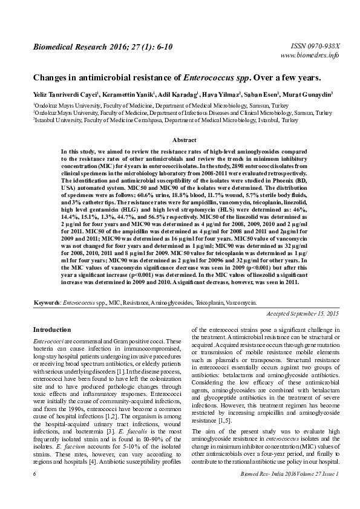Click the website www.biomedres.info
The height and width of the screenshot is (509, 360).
coord(311,56)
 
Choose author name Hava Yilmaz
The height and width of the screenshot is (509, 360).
coord(223,95)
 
